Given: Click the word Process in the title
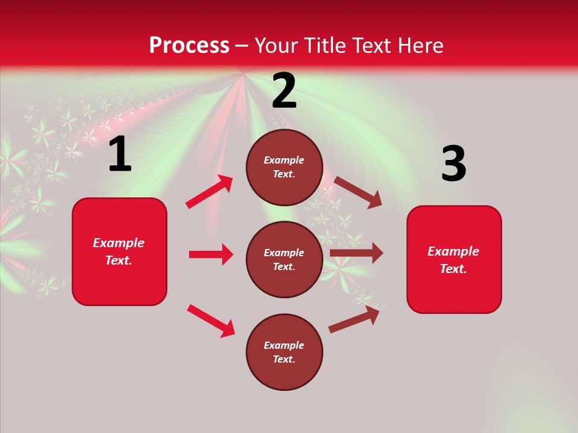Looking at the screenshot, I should [189, 46].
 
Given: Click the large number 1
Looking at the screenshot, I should [120, 155].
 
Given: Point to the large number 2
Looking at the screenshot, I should [284, 91].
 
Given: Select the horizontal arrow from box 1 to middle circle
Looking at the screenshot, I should [211, 254].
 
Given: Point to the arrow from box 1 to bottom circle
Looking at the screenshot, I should [211, 321].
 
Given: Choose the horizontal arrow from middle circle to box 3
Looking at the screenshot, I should [356, 253].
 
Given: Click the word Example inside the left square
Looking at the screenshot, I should [119, 243].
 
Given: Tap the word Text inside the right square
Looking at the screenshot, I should [453, 269].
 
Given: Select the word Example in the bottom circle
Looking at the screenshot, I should [284, 345].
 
